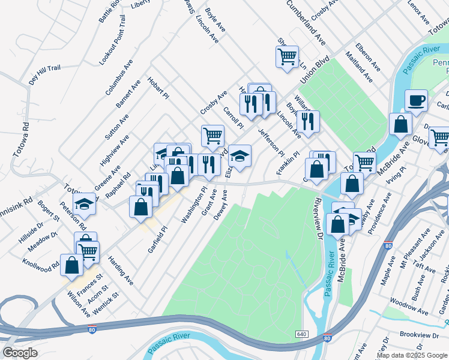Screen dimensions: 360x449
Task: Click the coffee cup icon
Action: [415, 100]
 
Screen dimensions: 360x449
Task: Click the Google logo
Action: [20, 353]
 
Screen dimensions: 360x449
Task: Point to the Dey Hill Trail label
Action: [44, 75]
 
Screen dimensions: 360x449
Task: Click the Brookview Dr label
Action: [418, 334]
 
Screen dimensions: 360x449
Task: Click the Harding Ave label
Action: [121, 270]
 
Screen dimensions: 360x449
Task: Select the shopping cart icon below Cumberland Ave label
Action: [287, 57]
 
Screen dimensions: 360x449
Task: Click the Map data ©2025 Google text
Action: [412, 355]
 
